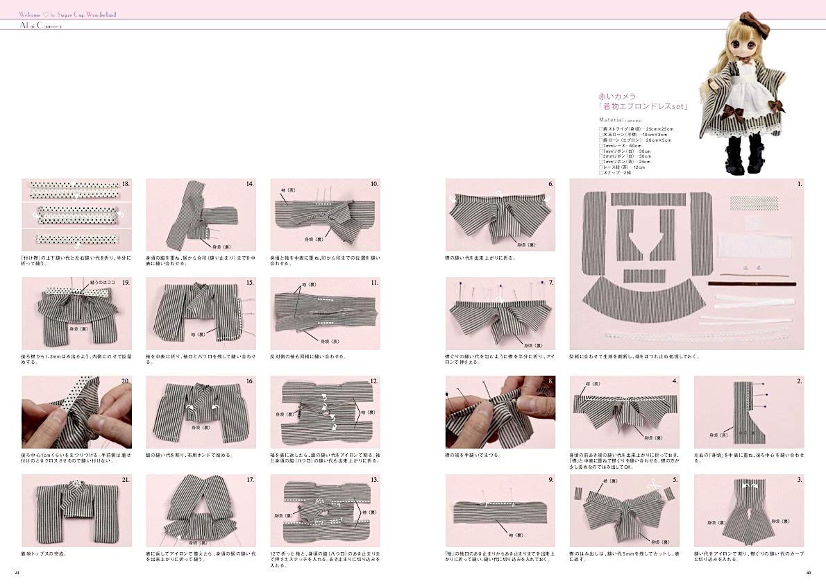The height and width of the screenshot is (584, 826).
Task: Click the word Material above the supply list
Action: [x=611, y=119]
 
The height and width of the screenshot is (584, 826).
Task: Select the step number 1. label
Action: [x=800, y=184]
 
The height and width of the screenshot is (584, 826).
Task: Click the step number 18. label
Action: [x=126, y=184]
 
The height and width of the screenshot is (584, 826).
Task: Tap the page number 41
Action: [x=17, y=573]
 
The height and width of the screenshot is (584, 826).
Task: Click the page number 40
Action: [x=808, y=573]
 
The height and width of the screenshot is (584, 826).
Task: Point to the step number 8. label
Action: [x=550, y=381]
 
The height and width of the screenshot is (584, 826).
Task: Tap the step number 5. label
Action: [x=675, y=479]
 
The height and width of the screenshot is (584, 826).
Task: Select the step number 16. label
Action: [x=249, y=381]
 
